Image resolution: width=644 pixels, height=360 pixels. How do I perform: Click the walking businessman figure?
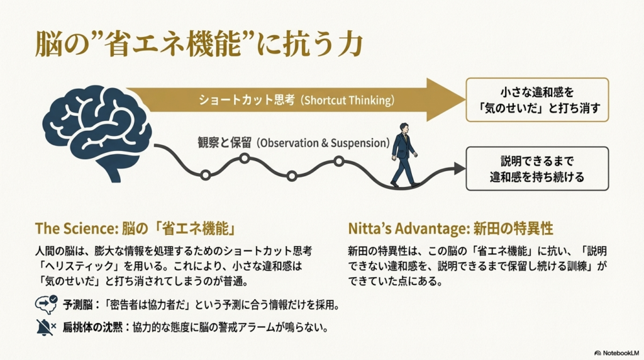402,154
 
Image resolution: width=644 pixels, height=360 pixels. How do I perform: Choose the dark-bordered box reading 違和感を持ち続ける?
537,168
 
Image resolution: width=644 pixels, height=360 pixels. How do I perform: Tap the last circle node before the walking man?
338,161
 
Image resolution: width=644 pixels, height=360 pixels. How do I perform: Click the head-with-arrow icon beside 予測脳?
46,305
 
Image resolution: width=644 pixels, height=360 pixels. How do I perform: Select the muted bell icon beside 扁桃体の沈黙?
46,327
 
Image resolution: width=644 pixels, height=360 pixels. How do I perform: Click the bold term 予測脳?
77,305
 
